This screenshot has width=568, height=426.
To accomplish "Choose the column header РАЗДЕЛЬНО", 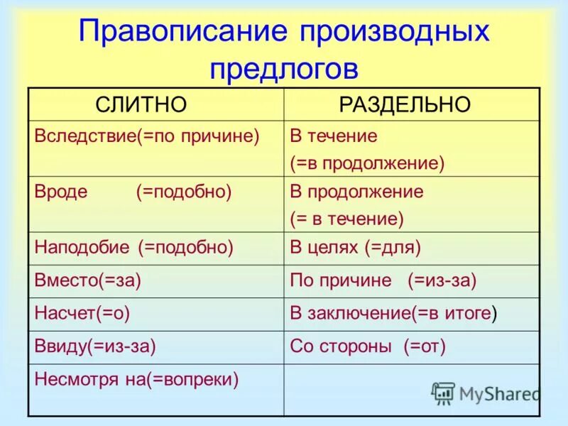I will [405, 104].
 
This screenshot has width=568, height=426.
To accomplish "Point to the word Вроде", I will [61, 192].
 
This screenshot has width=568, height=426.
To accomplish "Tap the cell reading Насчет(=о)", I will [82, 312].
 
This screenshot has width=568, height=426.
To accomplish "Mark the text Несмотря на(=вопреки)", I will [136, 379].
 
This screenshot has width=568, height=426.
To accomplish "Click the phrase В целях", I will [324, 247].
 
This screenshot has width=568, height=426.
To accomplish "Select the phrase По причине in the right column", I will [341, 280].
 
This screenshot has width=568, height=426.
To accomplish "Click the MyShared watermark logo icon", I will [443, 393].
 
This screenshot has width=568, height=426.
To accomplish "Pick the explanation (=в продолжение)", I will [367, 163].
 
